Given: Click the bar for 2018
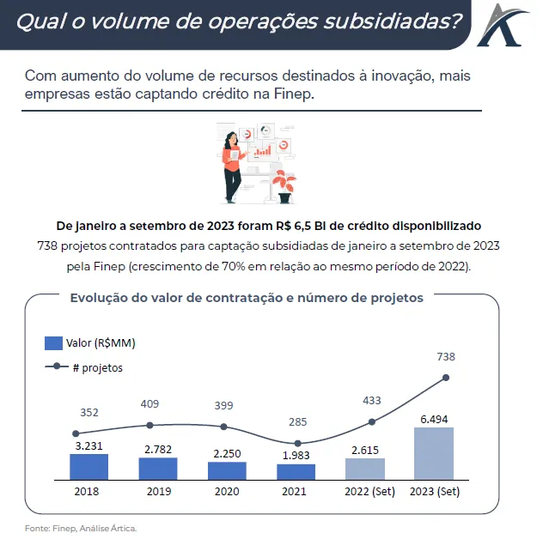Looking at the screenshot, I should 88,466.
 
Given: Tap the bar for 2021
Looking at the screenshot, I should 296,471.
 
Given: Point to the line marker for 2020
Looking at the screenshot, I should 224,427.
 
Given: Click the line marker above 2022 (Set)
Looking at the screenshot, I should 372,421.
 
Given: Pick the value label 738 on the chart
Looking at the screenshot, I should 446,356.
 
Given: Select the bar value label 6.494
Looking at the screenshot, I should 433,419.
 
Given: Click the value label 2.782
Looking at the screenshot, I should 158,449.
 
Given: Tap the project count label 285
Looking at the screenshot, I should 296,421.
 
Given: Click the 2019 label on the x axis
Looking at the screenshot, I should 158,493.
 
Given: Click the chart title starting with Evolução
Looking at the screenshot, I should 245,298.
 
